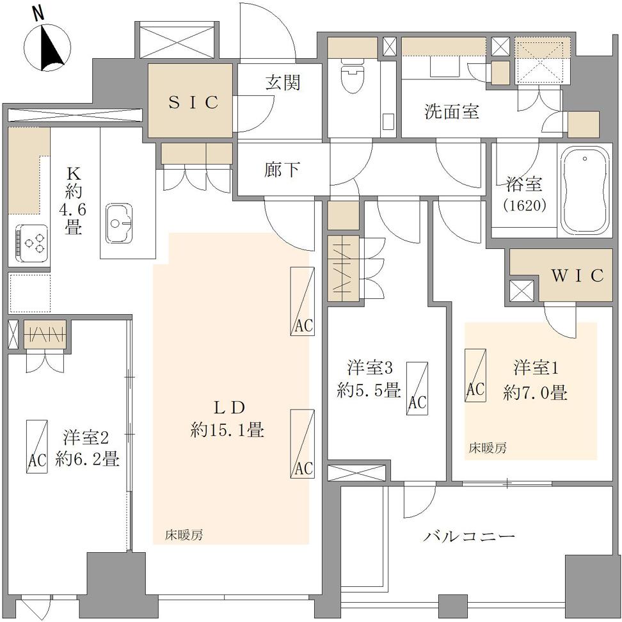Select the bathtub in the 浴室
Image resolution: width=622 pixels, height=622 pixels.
click(x=584, y=192)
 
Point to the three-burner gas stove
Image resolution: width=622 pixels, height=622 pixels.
click(x=33, y=243)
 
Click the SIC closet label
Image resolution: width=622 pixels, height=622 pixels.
click(x=194, y=102)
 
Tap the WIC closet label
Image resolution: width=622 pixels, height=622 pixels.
click(x=578, y=275)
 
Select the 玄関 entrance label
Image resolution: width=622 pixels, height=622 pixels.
click(x=283, y=83)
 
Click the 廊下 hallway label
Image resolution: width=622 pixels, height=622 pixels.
click(x=282, y=170)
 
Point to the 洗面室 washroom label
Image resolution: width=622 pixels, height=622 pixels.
click(x=451, y=111)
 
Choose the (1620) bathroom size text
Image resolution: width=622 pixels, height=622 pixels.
click(x=524, y=205)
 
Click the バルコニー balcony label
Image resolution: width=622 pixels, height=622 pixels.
click(x=468, y=537)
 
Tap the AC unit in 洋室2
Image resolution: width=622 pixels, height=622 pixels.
click(x=37, y=446)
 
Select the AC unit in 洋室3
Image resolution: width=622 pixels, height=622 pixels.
click(x=417, y=388)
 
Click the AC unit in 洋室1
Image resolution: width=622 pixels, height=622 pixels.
click(x=475, y=375)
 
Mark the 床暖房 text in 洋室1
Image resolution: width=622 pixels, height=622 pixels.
click(x=488, y=448)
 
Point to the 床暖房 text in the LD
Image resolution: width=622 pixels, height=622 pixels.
click(x=184, y=535)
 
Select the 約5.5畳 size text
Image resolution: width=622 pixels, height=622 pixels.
click(x=369, y=391)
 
